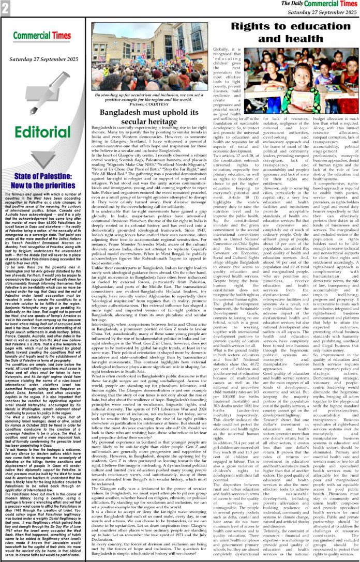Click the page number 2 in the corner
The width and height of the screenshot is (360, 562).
[6, 7]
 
